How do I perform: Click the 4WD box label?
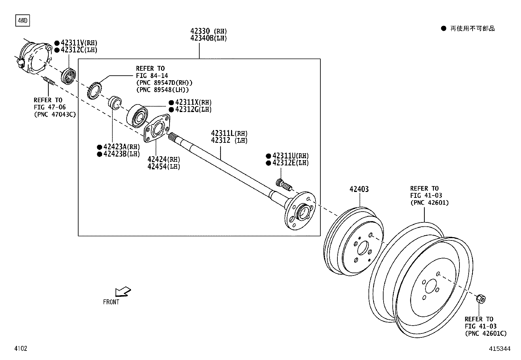click(22, 21)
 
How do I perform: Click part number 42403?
click(359, 189)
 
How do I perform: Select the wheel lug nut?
click(480, 298)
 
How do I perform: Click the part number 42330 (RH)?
click(208, 31)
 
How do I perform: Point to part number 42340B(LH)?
click(208, 38)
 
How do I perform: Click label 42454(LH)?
click(164, 166)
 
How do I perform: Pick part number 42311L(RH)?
click(229, 133)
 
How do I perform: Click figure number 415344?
click(499, 349)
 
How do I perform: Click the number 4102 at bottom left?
click(20, 349)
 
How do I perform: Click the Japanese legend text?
click(472, 28)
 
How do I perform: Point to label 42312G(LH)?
click(193, 109)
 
